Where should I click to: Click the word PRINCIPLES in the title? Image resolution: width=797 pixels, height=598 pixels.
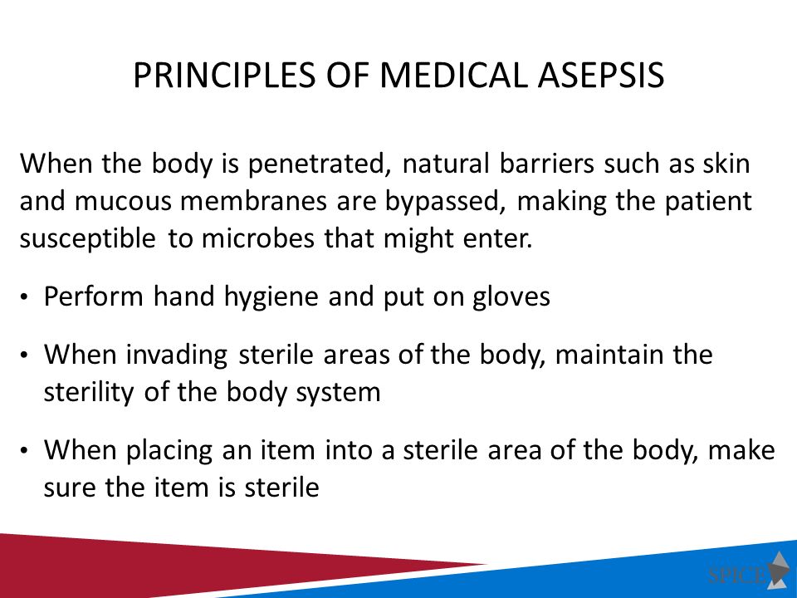point(224,76)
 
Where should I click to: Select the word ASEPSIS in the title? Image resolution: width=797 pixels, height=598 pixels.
point(601,76)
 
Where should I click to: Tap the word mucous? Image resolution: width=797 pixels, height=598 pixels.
point(123,201)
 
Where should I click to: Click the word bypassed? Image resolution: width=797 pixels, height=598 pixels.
point(445,202)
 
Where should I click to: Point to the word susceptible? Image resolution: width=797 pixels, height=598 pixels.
point(87,239)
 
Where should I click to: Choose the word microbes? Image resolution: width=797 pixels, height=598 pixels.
point(258,238)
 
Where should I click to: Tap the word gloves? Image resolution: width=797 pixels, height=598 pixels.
point(511,297)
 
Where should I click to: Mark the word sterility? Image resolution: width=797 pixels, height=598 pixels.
point(89,393)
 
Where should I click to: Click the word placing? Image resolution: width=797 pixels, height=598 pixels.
point(169,451)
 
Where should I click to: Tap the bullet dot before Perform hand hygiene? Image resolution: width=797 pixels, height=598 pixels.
point(24,297)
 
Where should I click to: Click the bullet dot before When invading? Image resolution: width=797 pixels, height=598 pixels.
point(24,355)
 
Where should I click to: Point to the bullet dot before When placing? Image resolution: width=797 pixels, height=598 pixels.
point(24,451)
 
